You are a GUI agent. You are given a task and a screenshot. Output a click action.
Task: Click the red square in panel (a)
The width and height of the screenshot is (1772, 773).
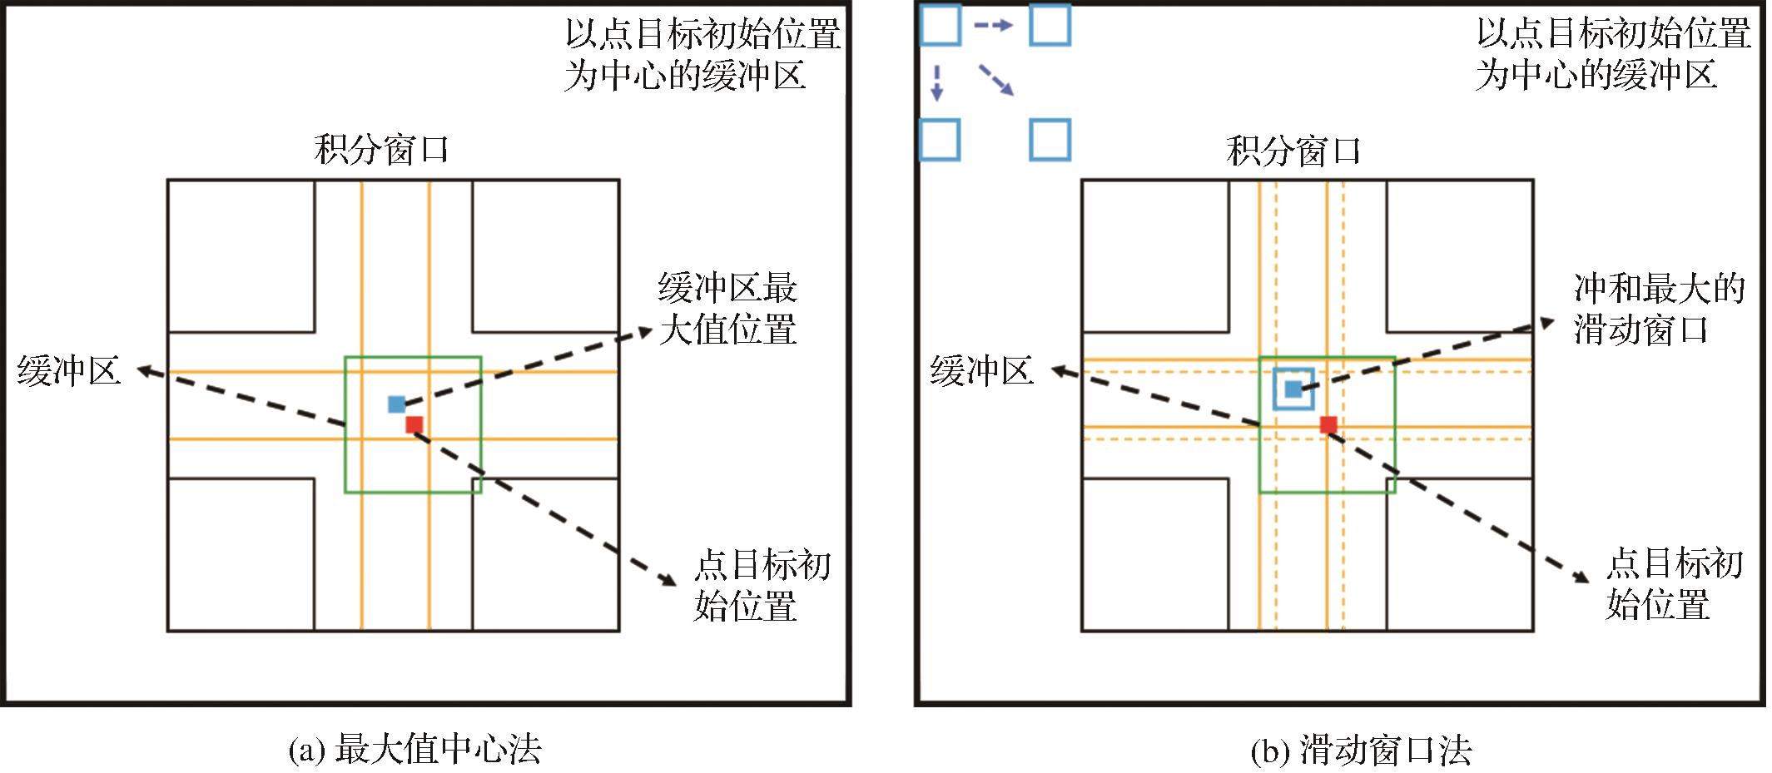pos(414,425)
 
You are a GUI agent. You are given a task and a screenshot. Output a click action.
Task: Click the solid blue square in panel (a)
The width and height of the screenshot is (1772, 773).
pos(396,404)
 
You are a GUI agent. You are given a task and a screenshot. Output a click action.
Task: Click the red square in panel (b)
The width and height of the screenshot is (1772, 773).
pos(1328,425)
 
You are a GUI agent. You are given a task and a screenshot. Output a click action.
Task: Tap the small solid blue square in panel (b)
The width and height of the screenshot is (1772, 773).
pos(1293,389)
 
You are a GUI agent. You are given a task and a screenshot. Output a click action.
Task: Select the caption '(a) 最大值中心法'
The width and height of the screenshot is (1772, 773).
pos(414,750)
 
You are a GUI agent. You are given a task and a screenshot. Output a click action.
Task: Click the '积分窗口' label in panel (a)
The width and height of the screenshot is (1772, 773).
pos(381,151)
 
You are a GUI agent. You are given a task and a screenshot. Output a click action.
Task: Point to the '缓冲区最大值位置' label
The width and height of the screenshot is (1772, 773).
pos(727,309)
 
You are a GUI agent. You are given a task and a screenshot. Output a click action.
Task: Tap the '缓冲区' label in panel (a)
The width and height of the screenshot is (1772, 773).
pos(69,371)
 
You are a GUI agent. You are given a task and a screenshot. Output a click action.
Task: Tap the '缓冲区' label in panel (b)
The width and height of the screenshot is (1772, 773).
pos(982,371)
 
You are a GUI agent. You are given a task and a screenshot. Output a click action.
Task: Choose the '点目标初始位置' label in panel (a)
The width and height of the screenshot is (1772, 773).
pos(762,585)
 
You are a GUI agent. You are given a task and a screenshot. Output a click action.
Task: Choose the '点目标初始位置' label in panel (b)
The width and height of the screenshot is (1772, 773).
pos(1674,584)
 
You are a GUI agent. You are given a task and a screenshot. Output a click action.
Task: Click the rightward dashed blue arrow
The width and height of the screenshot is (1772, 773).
pos(994,26)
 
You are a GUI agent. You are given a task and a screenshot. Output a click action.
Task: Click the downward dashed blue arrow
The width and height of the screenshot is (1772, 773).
pos(937,83)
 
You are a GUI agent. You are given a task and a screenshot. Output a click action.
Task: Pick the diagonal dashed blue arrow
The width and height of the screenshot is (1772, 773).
pos(995,80)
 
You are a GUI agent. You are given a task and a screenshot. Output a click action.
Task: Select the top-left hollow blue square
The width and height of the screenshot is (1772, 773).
pos(941,25)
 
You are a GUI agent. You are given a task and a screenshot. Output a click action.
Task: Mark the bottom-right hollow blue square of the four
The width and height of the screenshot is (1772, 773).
pos(1050,140)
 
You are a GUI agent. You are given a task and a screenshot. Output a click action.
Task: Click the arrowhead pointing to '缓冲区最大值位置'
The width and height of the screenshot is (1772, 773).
pos(645,332)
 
